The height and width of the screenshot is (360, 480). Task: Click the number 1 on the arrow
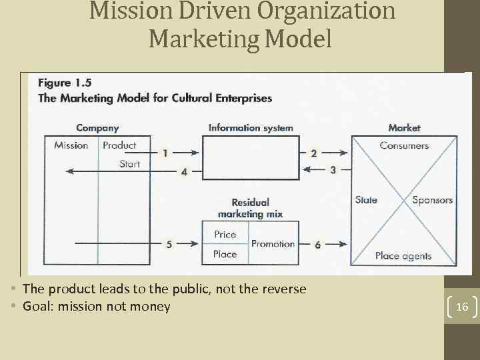tap(165, 153)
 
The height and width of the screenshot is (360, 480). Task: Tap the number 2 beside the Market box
tap(314, 153)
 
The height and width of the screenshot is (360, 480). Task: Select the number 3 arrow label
tap(333, 170)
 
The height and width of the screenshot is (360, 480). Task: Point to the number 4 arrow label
tap(184, 171)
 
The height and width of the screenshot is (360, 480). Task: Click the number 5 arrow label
tap(169, 245)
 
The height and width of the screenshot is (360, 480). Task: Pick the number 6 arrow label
tap(317, 245)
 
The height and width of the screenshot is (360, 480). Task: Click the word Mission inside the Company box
tap(71, 145)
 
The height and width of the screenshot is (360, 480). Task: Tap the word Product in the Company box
tap(119, 145)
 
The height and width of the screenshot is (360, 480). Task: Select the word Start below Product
tap(129, 163)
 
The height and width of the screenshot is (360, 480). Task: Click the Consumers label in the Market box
tap(404, 145)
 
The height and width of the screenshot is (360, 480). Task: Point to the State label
tap(366, 200)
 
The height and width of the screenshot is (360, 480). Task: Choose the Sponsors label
tap(432, 200)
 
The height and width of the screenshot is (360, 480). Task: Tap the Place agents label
tap(403, 255)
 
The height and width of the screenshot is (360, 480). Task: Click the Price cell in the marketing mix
tap(225, 235)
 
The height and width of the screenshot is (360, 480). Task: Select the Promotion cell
tap(273, 244)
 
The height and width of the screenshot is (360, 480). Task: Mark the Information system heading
tap(251, 127)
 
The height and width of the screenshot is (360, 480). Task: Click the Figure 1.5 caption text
tap(65, 83)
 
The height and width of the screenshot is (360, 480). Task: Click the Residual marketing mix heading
tap(250, 208)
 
